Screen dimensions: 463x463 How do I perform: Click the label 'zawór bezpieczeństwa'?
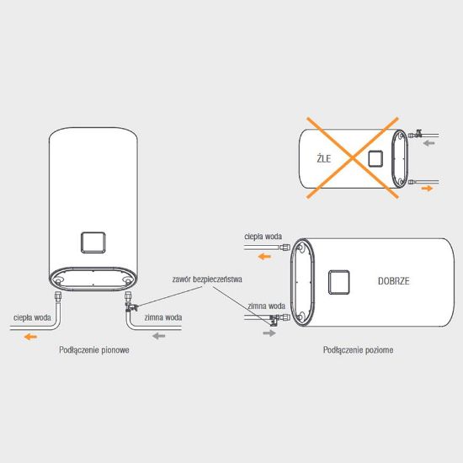pos(207,279)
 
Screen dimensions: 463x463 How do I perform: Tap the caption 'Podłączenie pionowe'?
pos(94,350)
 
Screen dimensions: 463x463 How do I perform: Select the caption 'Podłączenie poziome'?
pos(358,350)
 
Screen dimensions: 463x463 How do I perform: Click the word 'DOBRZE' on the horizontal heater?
pos(394,281)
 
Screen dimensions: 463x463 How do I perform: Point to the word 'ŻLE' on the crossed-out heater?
pos(324,158)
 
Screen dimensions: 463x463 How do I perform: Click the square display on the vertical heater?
pos(93,242)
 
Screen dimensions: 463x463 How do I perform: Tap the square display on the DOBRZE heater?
pos(339,282)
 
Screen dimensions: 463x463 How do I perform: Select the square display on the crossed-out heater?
pos(375,158)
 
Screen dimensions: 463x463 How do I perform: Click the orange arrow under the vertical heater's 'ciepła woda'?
pos(30,337)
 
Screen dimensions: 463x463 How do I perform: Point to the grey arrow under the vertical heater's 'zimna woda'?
pos(159,336)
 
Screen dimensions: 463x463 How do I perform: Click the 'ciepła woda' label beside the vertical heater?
pos(32,317)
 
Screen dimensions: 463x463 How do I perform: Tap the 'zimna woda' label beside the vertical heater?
pos(163,317)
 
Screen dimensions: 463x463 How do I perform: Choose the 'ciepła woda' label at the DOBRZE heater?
pos(263,237)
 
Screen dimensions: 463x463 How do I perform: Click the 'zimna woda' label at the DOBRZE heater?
pos(266,306)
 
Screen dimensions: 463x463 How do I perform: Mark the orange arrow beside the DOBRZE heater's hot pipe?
pos(264,257)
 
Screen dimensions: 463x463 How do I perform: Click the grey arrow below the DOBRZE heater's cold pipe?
pos(269,333)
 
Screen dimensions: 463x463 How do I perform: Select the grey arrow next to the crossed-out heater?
pos(428,143)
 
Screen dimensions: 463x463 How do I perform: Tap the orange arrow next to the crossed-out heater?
pos(427,188)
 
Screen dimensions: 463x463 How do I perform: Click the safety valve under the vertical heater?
pos(130,307)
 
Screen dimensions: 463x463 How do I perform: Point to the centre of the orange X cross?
pos(353,158)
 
